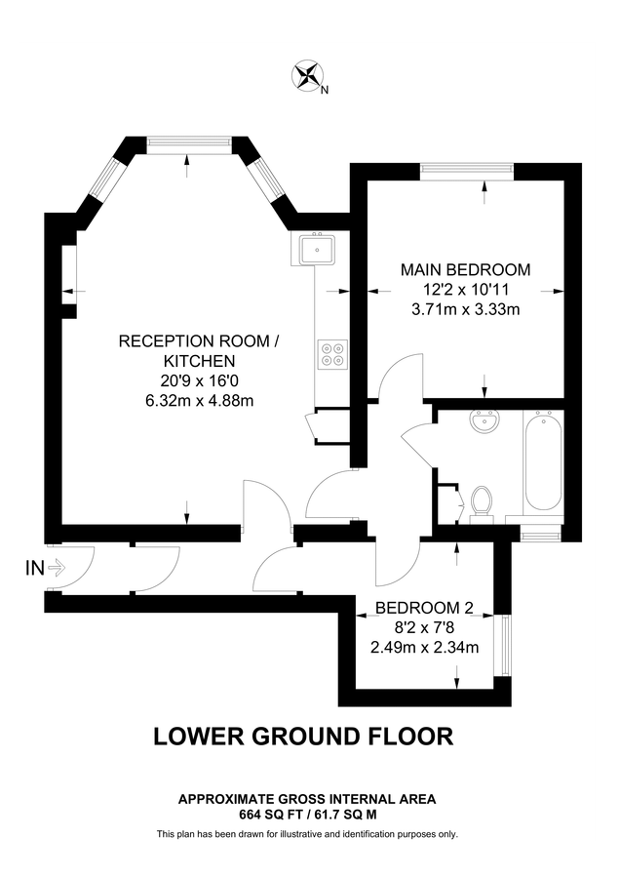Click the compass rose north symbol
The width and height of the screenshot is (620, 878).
(x=310, y=75)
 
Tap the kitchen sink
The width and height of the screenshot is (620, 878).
(x=318, y=251)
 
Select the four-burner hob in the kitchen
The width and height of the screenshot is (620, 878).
(x=331, y=352)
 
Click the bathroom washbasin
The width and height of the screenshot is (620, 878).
(x=483, y=422)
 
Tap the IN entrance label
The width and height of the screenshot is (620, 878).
(x=34, y=568)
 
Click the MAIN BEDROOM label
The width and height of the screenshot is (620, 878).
(x=466, y=269)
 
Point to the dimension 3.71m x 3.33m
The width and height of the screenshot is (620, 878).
(x=466, y=310)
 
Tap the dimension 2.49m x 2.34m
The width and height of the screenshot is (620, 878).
(x=424, y=647)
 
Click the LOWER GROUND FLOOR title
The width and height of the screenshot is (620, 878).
(x=303, y=736)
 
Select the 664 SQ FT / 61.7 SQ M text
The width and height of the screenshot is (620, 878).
(x=307, y=813)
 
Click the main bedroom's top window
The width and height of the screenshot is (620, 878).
(x=465, y=171)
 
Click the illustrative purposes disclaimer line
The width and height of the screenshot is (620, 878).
(x=307, y=834)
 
